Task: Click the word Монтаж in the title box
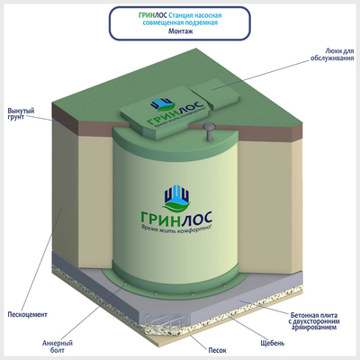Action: pyautogui.click(x=180, y=31)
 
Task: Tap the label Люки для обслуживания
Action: pyautogui.click(x=332, y=54)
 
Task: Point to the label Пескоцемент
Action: pyautogui.click(x=27, y=315)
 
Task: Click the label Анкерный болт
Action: pyautogui.click(x=58, y=346)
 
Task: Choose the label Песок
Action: pyautogui.click(x=217, y=350)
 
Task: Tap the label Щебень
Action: pyautogui.click(x=273, y=343)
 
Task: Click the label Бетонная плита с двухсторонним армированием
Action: pyautogui.click(x=314, y=321)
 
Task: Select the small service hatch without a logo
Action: pyautogui.click(x=215, y=94)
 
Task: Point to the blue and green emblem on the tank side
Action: pyautogui.click(x=177, y=197)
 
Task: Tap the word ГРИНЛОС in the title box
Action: pyautogui.click(x=153, y=15)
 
